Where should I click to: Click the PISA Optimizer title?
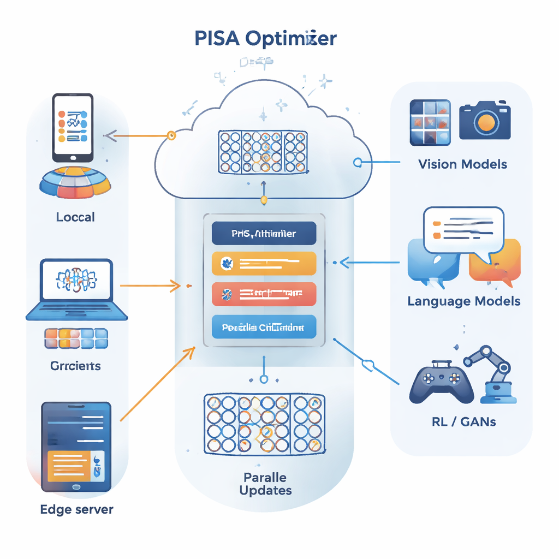265,39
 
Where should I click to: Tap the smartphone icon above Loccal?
73,127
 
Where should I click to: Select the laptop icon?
77,289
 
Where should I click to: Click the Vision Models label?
462,164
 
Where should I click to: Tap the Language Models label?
464,301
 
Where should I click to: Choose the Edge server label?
77,509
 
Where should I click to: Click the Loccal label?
75,217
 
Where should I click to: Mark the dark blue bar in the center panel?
264,233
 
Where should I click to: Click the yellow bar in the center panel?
264,264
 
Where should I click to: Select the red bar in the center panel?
264,294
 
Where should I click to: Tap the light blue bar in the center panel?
264,328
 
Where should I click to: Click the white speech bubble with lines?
463,230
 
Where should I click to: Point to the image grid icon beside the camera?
430,122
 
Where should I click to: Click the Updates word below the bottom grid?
265,490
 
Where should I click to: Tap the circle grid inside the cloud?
262,151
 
